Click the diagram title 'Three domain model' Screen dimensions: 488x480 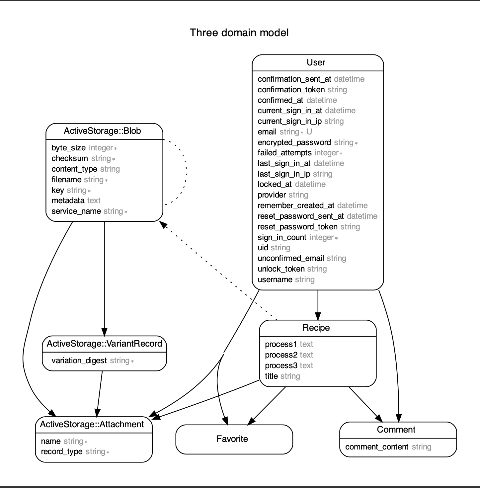(239, 33)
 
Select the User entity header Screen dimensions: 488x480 (316, 62)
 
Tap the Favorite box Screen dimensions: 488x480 (232, 439)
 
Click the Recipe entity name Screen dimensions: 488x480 (316, 328)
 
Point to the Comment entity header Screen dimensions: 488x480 (396, 430)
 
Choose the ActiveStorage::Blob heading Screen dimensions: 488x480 (102, 131)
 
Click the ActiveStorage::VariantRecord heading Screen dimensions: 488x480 (104, 343)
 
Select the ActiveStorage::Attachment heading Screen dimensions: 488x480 (92, 424)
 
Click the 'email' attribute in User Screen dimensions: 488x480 (267, 132)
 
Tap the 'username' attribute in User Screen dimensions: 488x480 (275, 280)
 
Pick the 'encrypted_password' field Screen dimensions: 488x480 (294, 142)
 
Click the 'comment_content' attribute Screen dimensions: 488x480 (377, 447)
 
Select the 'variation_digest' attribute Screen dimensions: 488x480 (79, 361)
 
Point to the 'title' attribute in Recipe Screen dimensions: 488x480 (271, 376)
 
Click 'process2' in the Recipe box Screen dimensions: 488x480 (281, 355)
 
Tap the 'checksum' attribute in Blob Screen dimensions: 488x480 (70, 158)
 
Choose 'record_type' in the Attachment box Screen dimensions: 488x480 (61, 452)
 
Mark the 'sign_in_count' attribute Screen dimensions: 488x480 (282, 237)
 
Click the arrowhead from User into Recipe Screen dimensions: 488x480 (318, 316)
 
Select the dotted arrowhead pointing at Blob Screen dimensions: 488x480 (163, 225)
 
